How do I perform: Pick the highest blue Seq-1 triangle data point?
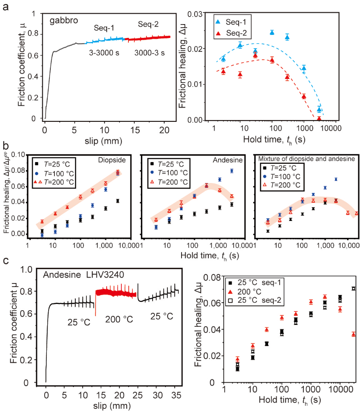tap(272, 33)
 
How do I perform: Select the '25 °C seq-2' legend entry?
tap(261, 300)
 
